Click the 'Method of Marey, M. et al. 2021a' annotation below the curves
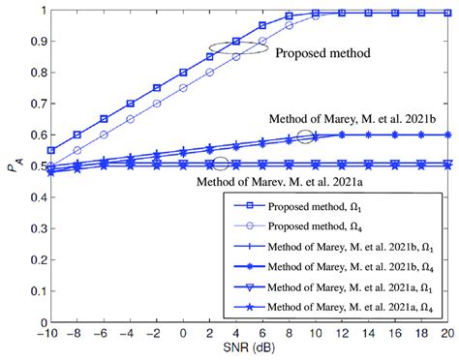283,179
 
